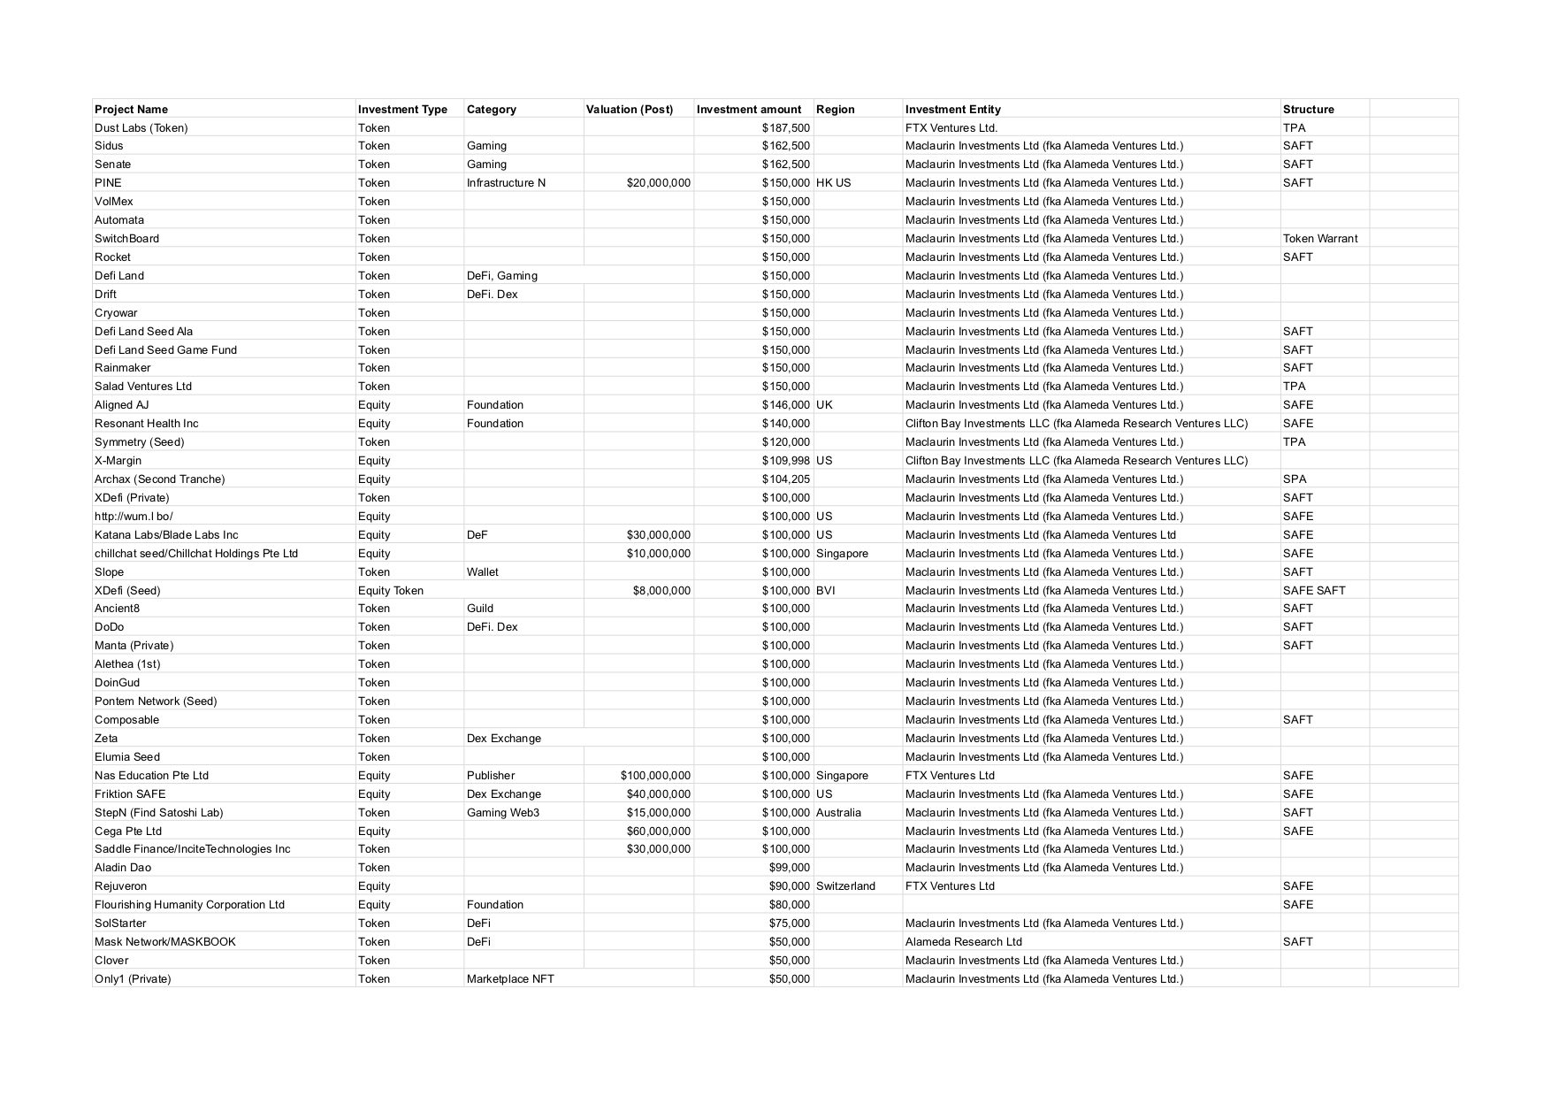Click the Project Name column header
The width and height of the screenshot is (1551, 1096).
pyautogui.click(x=131, y=110)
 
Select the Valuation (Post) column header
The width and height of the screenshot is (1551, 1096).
pyautogui.click(x=629, y=110)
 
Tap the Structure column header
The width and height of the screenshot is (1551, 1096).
pyautogui.click(x=1308, y=110)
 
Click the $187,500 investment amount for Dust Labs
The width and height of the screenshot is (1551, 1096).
pyautogui.click(x=785, y=128)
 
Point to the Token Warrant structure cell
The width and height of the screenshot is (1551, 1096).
pyautogui.click(x=1319, y=239)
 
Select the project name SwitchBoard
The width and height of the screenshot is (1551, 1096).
pyautogui.click(x=126, y=239)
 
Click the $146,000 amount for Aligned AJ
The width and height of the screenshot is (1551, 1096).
pyautogui.click(x=785, y=405)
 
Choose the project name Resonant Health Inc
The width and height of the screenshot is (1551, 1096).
pyautogui.click(x=147, y=424)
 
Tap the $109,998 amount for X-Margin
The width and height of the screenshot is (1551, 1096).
pyautogui.click(x=785, y=461)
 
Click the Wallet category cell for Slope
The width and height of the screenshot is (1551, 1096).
pyautogui.click(x=482, y=572)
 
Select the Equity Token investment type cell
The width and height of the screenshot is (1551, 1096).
pyautogui.click(x=390, y=591)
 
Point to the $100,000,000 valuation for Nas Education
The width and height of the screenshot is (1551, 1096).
pyautogui.click(x=655, y=776)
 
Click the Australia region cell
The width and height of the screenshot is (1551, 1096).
pyautogui.click(x=838, y=813)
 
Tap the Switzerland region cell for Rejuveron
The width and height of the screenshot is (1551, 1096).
pyautogui.click(x=845, y=886)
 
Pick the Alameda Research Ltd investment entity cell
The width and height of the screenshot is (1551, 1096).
pyautogui.click(x=963, y=942)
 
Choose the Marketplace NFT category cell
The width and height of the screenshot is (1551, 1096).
pyautogui.click(x=510, y=979)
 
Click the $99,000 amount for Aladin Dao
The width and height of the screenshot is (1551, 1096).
pyautogui.click(x=789, y=868)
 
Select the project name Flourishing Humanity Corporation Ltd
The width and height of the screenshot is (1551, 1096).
pyautogui.click(x=189, y=905)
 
